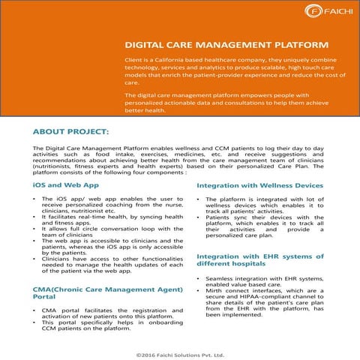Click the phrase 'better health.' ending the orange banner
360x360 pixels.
pos(144,110)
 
